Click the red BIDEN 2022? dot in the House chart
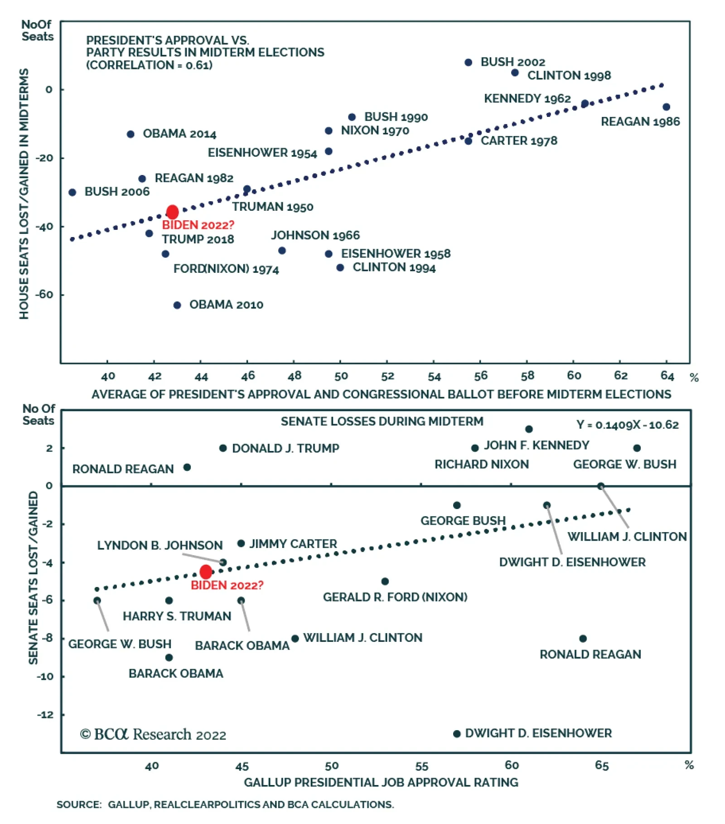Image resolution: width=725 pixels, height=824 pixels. pos(172,212)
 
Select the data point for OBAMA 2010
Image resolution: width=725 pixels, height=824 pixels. pos(177,305)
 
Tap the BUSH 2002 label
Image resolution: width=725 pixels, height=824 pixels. pos(512,62)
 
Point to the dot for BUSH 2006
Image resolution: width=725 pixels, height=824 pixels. pos(72,192)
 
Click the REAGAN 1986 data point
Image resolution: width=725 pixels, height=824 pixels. pos(666,107)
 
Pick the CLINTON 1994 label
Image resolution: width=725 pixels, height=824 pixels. pos(394,267)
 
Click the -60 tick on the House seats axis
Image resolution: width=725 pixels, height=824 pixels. pos(44,295)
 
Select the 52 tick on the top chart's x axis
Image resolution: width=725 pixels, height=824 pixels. pos(387,376)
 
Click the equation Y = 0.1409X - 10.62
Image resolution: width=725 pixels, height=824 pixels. pos(627,425)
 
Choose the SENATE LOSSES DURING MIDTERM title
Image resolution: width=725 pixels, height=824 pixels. pos(382,421)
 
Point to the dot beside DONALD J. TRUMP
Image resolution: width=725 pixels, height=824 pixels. pos(223,448)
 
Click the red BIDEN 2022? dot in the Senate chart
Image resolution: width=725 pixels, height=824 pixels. pos(206,572)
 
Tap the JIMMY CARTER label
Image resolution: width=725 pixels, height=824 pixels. pos(293,543)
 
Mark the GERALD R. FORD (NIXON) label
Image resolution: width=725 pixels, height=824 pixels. pos(395,597)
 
